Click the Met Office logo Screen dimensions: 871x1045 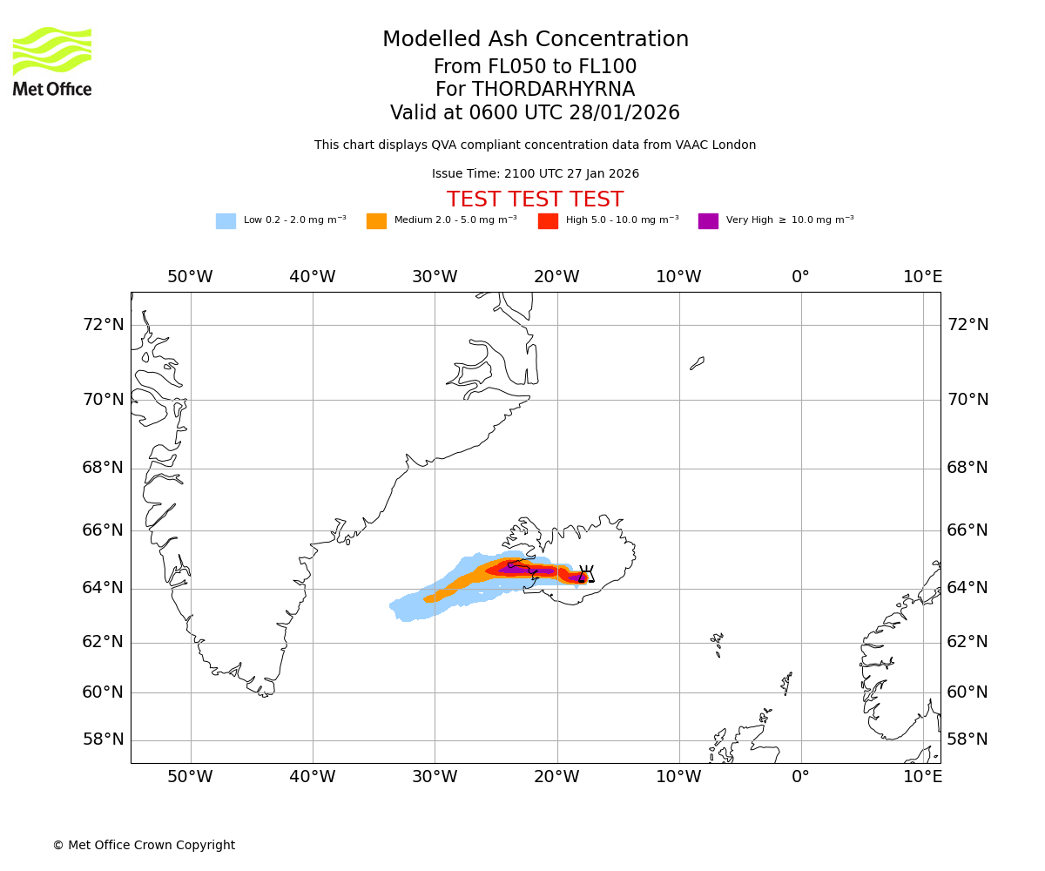[52, 61]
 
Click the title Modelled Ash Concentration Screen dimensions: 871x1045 [535, 40]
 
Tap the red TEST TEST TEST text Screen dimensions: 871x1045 [535, 200]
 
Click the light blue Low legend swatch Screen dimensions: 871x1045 [226, 221]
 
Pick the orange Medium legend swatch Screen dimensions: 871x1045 [376, 221]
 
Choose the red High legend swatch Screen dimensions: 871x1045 [548, 221]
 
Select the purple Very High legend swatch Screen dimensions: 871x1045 [708, 221]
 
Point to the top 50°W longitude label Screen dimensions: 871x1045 [190, 277]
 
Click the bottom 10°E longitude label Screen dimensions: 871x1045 [922, 776]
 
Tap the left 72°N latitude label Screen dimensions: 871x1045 [103, 325]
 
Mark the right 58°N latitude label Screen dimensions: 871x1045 [967, 739]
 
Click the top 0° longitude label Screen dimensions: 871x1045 [800, 277]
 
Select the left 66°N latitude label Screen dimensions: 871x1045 [103, 530]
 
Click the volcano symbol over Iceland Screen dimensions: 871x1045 [586, 574]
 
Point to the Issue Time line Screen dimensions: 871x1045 [535, 174]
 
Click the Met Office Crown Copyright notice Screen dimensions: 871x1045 [144, 845]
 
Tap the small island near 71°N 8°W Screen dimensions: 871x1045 [698, 362]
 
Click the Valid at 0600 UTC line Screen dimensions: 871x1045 [535, 113]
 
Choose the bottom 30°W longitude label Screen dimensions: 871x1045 [435, 776]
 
